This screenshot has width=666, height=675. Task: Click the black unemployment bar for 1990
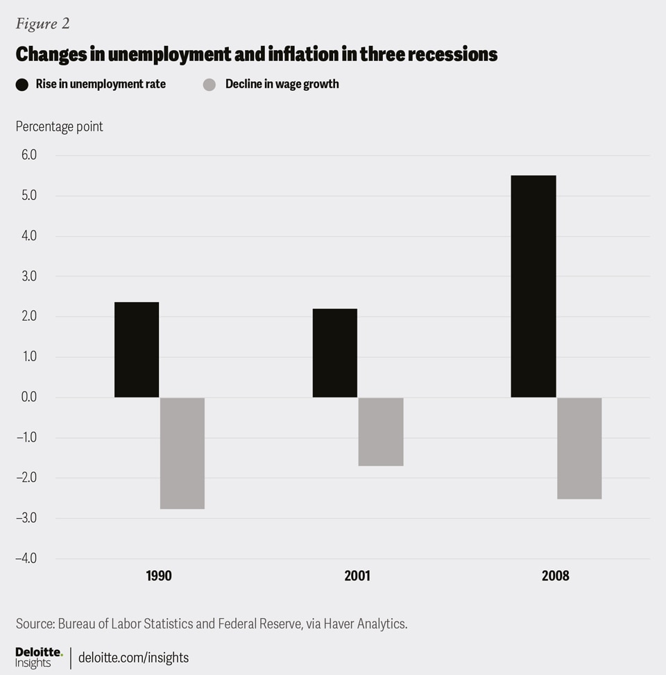click(x=137, y=349)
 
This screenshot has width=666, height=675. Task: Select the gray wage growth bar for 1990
click(x=182, y=453)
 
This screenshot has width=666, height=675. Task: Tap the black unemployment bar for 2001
click(x=335, y=353)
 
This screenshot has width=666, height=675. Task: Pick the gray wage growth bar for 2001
click(x=381, y=431)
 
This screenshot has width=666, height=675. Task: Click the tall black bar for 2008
click(x=533, y=286)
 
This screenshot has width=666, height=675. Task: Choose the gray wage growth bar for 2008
click(x=579, y=448)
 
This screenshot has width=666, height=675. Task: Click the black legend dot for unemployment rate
click(x=22, y=85)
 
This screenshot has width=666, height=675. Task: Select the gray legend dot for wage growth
click(x=210, y=85)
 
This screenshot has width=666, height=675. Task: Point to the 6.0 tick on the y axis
click(x=27, y=156)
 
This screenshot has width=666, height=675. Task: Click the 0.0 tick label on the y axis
click(x=27, y=397)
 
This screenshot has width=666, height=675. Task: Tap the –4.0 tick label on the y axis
click(x=26, y=558)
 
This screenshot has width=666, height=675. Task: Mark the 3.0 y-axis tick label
click(x=27, y=276)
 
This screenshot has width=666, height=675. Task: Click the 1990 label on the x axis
click(x=159, y=576)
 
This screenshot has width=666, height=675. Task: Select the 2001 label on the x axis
click(x=358, y=576)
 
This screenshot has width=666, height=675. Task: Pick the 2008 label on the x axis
click(x=556, y=576)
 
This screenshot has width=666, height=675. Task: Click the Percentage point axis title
click(x=60, y=126)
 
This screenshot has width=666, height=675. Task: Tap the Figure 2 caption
click(x=42, y=24)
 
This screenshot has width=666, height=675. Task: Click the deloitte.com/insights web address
click(x=133, y=657)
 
